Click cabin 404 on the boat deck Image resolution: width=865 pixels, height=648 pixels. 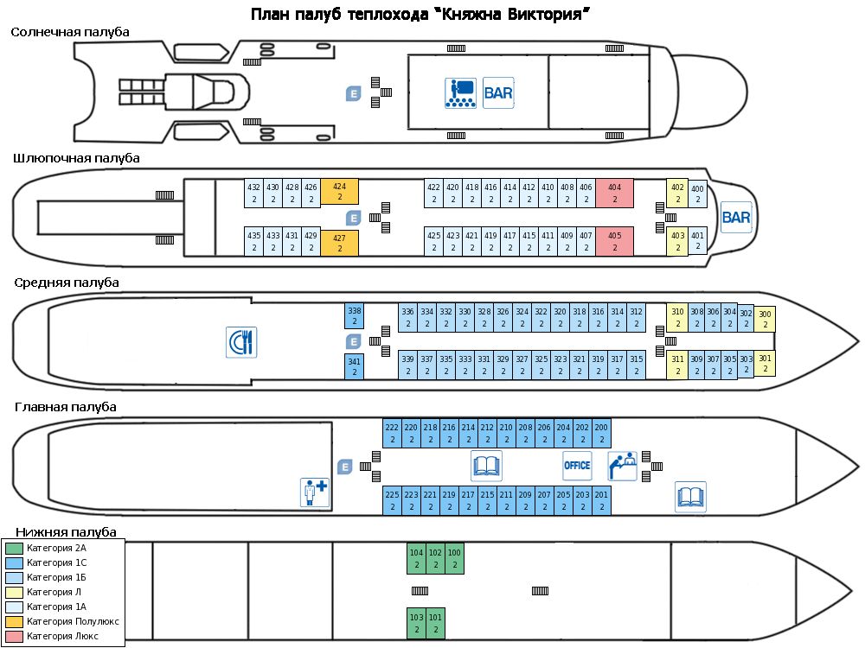click(x=614, y=193)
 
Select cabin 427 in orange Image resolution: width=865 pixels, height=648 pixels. click(x=340, y=241)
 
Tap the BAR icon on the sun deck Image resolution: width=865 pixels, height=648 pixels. click(x=499, y=92)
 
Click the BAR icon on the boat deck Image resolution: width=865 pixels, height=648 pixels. click(x=736, y=217)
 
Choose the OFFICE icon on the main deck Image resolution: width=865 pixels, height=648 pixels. click(x=577, y=466)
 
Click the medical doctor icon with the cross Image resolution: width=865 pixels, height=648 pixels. click(x=315, y=492)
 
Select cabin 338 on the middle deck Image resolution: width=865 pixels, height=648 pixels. click(x=354, y=315)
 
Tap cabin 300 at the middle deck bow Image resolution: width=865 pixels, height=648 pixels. click(x=765, y=319)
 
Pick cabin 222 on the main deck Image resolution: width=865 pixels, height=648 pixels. click(x=392, y=433)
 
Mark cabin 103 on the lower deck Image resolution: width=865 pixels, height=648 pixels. click(x=417, y=622)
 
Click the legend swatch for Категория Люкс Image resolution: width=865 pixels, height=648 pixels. click(x=14, y=636)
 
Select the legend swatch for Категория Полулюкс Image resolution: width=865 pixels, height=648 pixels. click(x=14, y=621)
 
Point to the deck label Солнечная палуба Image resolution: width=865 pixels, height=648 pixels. click(x=70, y=32)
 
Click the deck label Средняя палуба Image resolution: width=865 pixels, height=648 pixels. click(x=67, y=283)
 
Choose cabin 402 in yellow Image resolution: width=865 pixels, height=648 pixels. click(x=677, y=193)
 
